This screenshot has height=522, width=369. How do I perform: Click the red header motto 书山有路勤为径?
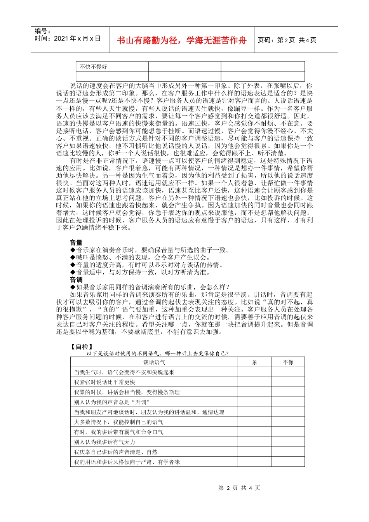point(182,40)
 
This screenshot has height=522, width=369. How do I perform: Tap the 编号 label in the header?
point(43,31)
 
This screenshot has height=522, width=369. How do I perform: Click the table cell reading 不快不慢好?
point(93,67)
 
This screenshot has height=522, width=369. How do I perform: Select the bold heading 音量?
point(76,243)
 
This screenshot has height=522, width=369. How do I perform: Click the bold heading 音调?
point(76,280)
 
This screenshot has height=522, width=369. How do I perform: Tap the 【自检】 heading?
point(81,346)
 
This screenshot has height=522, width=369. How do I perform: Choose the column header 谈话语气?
point(154,362)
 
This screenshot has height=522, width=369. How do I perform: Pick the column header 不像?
point(288,362)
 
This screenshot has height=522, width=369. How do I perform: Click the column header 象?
point(254,362)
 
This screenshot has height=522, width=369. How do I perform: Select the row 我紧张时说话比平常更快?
point(104,382)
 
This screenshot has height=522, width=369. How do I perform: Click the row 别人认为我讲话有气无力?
point(104,442)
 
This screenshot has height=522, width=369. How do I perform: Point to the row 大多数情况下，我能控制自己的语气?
point(118,422)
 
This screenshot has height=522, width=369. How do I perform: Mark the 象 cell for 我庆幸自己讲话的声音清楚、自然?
point(254,452)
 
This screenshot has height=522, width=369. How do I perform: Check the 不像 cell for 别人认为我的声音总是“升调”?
point(288,402)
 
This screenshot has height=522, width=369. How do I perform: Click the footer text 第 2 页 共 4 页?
point(239,488)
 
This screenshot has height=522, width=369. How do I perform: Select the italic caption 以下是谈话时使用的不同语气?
point(157,353)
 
